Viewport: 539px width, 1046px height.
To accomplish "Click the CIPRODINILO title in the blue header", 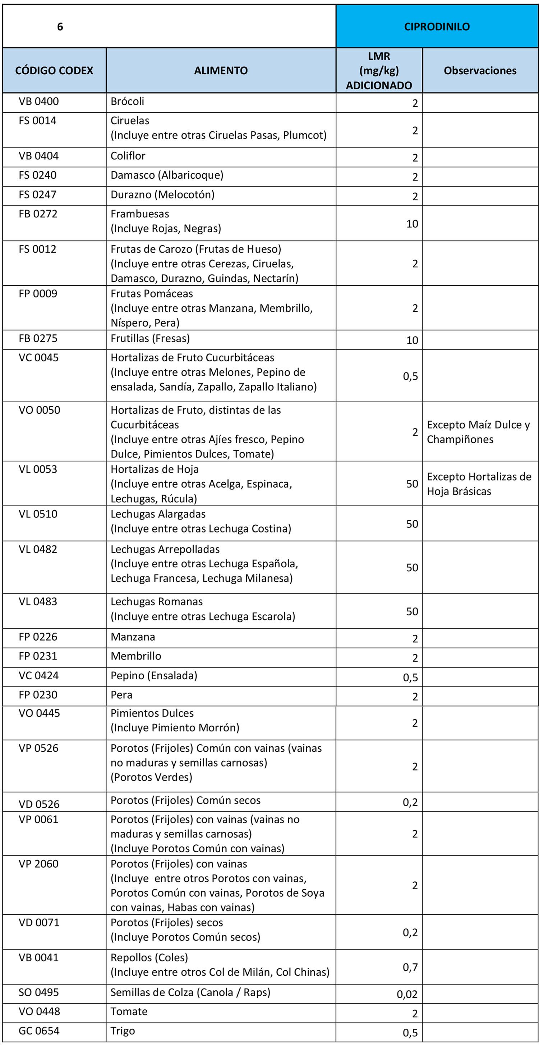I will pos(437,27).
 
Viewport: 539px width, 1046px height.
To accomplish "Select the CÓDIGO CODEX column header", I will pos(54,71).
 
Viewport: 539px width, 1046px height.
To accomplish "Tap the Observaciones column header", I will pos(480,71).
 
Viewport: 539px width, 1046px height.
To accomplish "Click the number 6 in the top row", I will pos(60,27).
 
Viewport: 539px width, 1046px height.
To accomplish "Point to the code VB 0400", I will pos(38,102).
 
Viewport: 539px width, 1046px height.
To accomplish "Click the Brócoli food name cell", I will pos(127,102).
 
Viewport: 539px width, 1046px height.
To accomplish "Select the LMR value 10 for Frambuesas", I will pos(412,224).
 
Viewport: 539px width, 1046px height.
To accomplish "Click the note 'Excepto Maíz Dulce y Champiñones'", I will pos(478,432).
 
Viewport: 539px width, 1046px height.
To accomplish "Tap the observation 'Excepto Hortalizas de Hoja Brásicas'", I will pos(479,484).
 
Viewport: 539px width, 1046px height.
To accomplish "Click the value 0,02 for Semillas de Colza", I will pos(407,994).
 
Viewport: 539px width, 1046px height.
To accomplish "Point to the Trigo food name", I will pos(123,1031).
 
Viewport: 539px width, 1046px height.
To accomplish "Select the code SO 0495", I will pos(38,993).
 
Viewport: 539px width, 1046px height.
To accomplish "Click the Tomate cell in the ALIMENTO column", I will pos(129,1012).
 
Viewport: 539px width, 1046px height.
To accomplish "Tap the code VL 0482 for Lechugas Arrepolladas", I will pos(38,549).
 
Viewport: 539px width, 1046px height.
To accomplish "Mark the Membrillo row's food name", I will pos(136,656).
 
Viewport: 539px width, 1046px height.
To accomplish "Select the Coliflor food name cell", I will pos(128,156).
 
